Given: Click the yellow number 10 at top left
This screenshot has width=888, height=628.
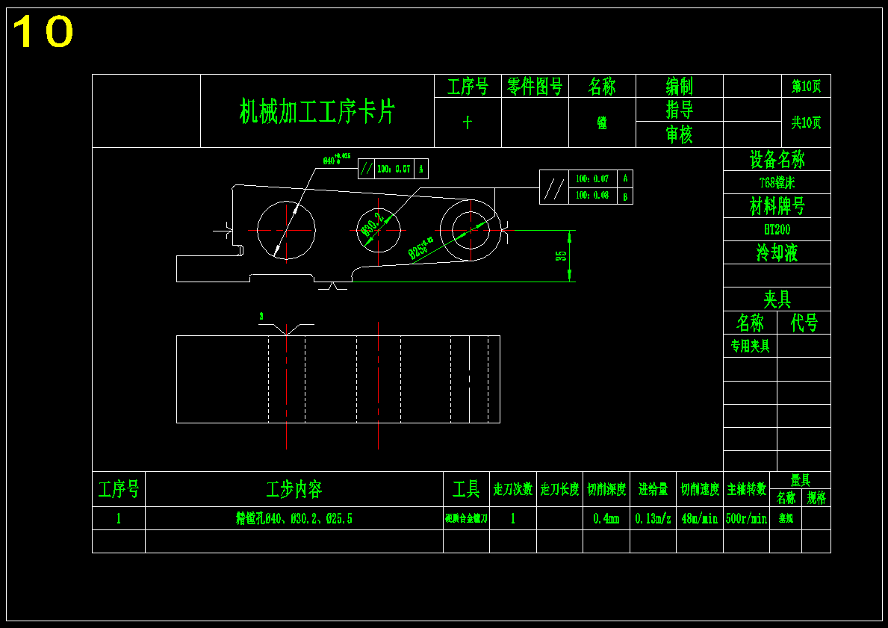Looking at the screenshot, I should (x=43, y=32).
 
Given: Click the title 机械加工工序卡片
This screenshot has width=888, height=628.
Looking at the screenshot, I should (x=317, y=111).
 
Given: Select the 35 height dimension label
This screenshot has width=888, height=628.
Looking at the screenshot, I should (x=561, y=255).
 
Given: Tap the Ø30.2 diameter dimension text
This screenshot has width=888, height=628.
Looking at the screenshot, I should (x=371, y=223).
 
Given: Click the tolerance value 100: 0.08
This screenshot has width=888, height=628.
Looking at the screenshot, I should (x=592, y=196).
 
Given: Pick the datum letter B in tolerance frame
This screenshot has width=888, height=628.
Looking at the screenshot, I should (x=625, y=196).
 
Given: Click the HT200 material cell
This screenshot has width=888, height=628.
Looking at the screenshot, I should (x=777, y=229).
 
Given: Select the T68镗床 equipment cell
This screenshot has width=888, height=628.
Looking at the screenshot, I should (x=777, y=182).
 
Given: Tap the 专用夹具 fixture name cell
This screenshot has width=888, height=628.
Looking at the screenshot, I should (x=750, y=346).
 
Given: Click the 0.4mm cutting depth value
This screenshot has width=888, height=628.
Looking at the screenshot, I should (x=606, y=518).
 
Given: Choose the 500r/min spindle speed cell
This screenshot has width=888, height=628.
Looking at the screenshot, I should (x=746, y=518).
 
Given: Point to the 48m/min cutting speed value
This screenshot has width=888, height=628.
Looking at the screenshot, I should (x=699, y=518).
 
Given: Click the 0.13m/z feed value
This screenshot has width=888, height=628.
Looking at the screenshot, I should (x=653, y=518).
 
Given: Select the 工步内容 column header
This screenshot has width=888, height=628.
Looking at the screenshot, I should (x=294, y=490).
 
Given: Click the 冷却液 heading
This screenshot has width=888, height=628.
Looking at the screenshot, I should (x=777, y=252).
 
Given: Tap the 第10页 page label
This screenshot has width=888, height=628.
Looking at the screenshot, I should (x=807, y=87).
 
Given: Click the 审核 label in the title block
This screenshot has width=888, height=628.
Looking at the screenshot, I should (x=679, y=134).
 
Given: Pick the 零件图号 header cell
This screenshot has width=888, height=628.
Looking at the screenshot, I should (x=535, y=87).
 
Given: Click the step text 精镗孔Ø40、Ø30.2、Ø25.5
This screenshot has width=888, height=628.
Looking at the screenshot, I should (x=294, y=518).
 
